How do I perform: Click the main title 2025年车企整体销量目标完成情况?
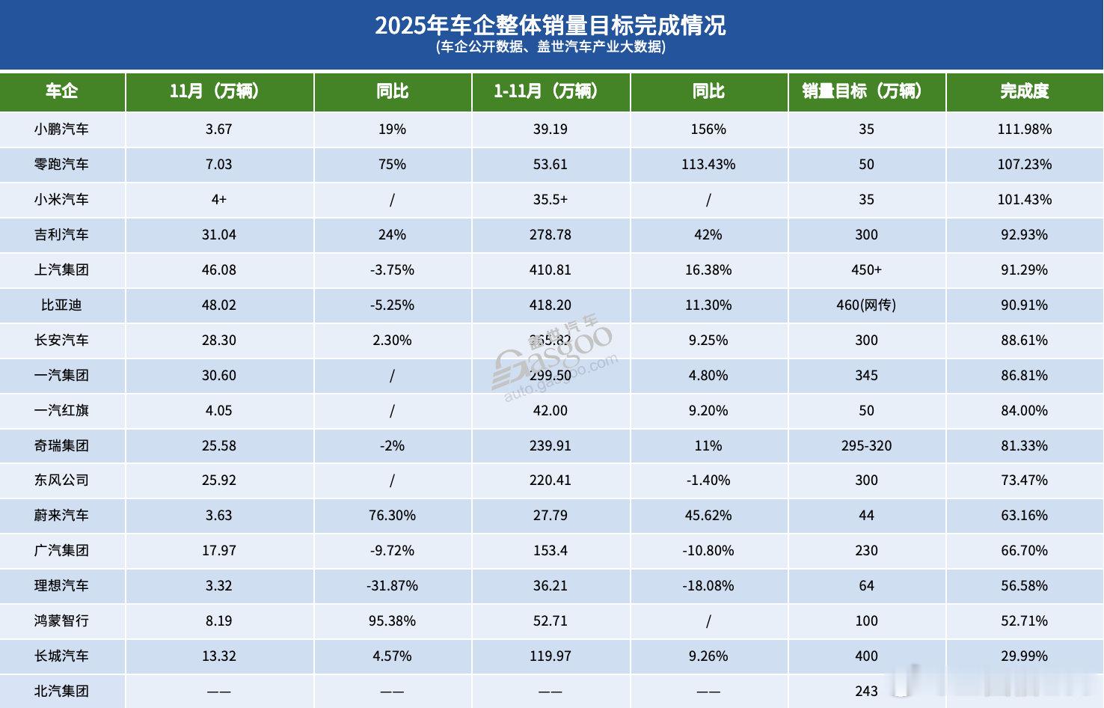tap(551, 25)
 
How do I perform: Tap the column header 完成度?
tap(1024, 91)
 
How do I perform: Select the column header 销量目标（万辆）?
tap(866, 91)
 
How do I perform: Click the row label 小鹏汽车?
tap(61, 129)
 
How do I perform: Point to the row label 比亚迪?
tap(61, 305)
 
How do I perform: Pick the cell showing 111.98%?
tap(1024, 129)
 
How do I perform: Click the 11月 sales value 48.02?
tap(218, 305)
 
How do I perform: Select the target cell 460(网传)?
tap(866, 305)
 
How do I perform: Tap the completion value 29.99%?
tap(1024, 656)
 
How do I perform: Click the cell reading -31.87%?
tap(392, 586)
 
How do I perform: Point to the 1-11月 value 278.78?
tap(551, 235)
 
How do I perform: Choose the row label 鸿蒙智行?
tap(61, 621)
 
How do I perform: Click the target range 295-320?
tap(866, 446)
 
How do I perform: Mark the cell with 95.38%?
tap(392, 621)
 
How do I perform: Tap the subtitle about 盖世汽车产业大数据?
tap(551, 47)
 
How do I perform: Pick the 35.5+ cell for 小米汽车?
tap(551, 200)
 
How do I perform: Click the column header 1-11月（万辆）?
tap(551, 91)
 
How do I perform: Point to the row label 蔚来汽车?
tap(61, 516)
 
